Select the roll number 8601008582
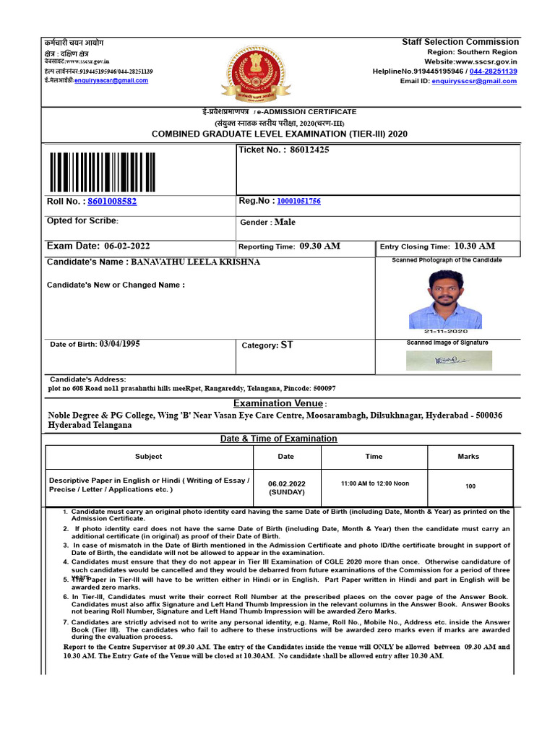(111, 202)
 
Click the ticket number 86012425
(309, 150)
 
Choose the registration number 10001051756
(298, 202)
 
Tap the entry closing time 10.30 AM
(475, 246)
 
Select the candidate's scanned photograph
(445, 298)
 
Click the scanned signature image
(449, 360)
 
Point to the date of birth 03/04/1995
(120, 344)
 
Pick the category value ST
(287, 345)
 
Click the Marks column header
(468, 457)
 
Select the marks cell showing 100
(470, 486)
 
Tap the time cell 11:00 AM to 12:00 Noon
(374, 483)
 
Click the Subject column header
(148, 457)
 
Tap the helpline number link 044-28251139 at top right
(493, 72)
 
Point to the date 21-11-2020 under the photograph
(445, 331)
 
